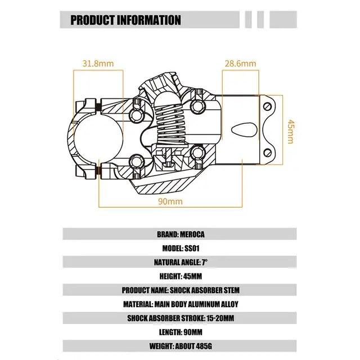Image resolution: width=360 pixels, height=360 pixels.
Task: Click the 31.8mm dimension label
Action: pyautogui.click(x=98, y=64)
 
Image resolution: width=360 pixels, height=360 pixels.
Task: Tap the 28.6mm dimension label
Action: pyautogui.click(x=240, y=64)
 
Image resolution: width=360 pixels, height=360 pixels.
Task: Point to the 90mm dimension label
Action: pyautogui.click(x=170, y=201)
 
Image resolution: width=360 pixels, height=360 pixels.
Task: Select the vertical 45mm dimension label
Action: pyautogui.click(x=291, y=131)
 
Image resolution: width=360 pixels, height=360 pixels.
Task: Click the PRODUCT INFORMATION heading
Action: pyautogui.click(x=125, y=20)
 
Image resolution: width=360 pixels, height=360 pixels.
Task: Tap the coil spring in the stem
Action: pyautogui.click(x=170, y=123)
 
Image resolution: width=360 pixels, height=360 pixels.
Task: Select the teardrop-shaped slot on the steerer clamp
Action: pyautogui.click(x=244, y=130)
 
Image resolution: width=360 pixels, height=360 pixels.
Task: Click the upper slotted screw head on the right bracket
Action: pyautogui.click(x=268, y=106)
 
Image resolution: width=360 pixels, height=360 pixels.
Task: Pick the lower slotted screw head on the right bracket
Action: pyautogui.click(x=268, y=152)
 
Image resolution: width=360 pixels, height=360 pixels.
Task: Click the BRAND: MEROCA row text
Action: pyautogui.click(x=181, y=234)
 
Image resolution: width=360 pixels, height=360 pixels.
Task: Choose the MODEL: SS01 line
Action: pyautogui.click(x=181, y=248)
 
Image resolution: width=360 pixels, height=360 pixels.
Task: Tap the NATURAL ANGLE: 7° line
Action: pyautogui.click(x=181, y=262)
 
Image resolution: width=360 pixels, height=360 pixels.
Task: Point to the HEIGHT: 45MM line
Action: pyautogui.click(x=181, y=276)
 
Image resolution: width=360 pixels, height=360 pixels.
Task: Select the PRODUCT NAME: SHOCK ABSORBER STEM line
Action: pyautogui.click(x=181, y=290)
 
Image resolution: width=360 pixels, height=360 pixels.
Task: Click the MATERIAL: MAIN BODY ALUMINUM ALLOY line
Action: pyautogui.click(x=181, y=304)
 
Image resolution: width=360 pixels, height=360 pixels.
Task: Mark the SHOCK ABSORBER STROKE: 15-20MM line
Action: pyautogui.click(x=181, y=318)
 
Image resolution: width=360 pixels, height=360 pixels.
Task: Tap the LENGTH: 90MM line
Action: pyautogui.click(x=181, y=332)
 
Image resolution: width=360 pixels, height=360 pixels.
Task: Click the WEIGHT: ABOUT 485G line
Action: pyautogui.click(x=181, y=346)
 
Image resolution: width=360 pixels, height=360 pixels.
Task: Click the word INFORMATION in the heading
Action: pyautogui.click(x=149, y=20)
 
